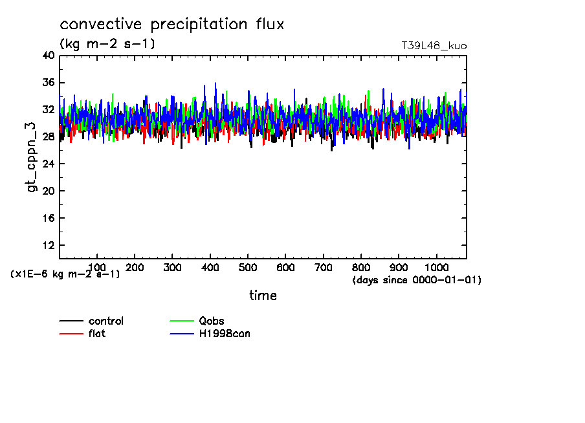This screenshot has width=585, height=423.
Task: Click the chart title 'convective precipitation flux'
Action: pos(172,25)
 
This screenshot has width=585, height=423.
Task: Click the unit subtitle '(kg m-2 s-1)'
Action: pos(107,44)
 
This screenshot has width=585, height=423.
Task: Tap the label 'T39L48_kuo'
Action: pos(434,46)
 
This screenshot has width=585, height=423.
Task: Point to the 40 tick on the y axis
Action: pos(48,56)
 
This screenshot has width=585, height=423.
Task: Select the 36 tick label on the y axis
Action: pos(48,83)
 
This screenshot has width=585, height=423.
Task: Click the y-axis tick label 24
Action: pos(48,164)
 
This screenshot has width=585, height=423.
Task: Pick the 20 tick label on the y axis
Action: pos(48,191)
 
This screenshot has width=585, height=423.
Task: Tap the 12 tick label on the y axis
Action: pos(48,246)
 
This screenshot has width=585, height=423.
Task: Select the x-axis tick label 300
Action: pos(172,268)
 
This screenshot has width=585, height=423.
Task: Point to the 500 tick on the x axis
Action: pos(248,268)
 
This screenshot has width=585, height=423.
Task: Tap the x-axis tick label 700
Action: pos(324,268)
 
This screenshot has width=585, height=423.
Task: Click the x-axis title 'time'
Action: pos(263,296)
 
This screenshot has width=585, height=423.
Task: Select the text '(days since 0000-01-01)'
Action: pos(417,281)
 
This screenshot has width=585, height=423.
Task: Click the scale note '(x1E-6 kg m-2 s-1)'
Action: pos(65,274)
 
